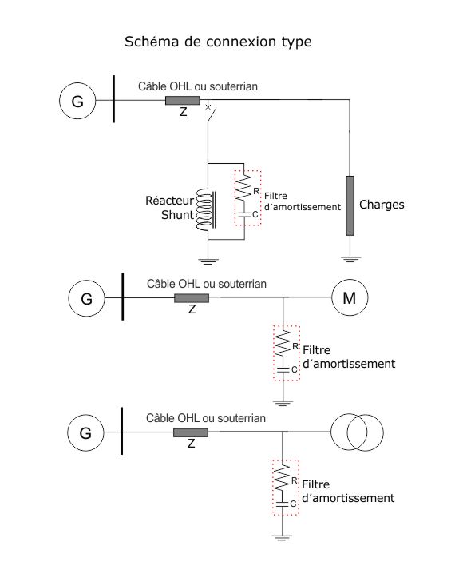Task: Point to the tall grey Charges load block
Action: [350, 205]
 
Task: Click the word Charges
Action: [382, 205]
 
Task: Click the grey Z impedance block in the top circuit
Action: [182, 101]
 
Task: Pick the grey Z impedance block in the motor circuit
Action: [192, 298]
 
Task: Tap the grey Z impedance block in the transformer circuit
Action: [191, 432]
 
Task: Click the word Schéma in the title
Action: [152, 42]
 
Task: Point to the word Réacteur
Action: [169, 201]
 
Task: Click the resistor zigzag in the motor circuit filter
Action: [283, 343]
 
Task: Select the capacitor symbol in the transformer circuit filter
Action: [282, 504]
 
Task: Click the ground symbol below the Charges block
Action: [350, 259]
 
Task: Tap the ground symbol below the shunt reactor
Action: [208, 261]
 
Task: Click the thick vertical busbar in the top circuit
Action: [114, 99]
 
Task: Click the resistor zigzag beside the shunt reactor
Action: [243, 188]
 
